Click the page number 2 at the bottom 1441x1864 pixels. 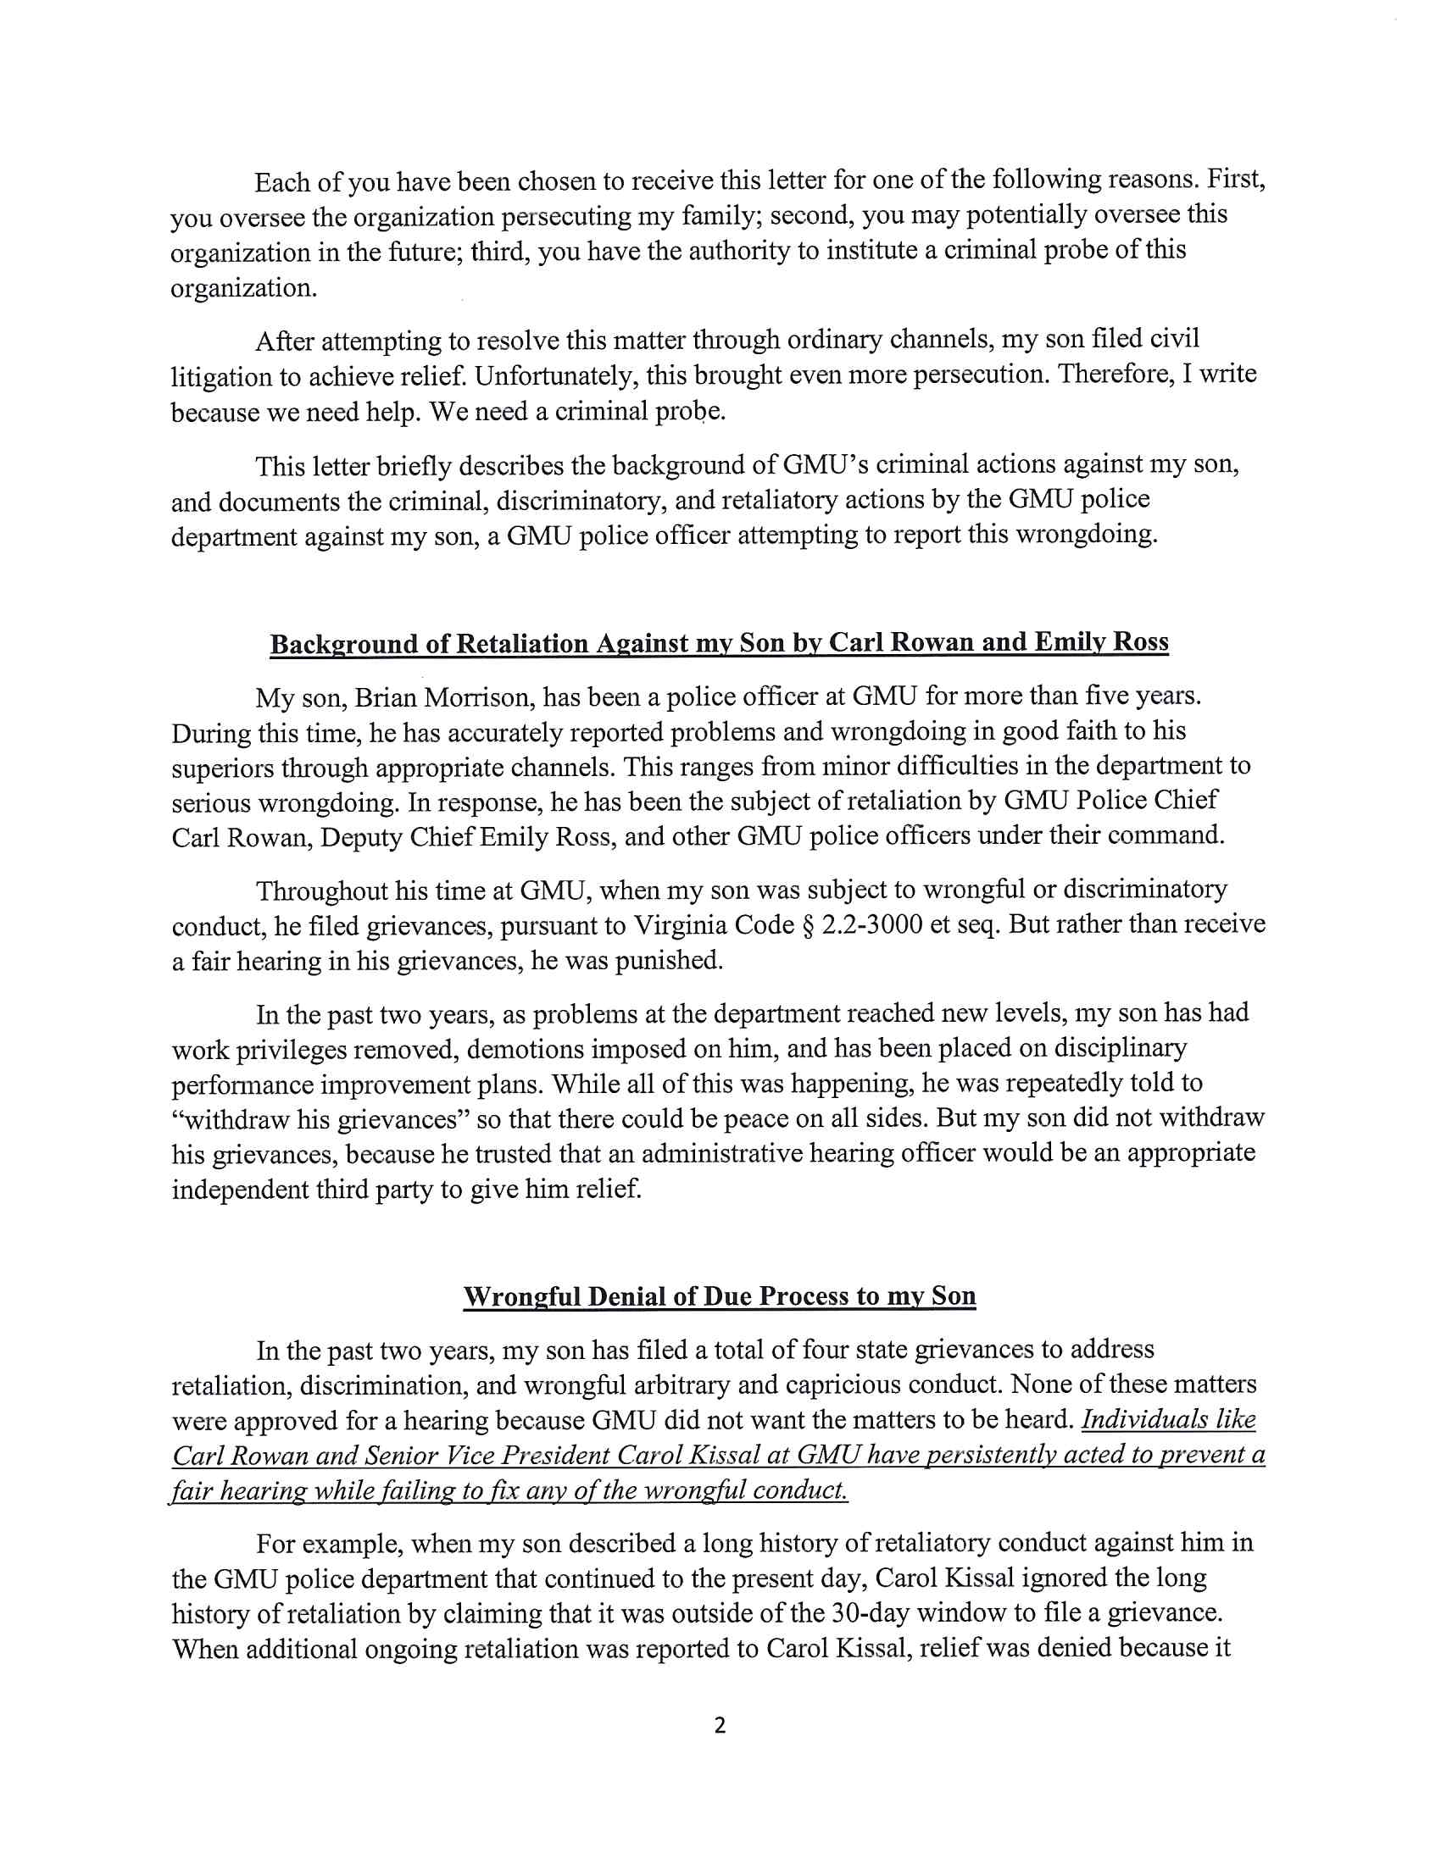coord(719,1725)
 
